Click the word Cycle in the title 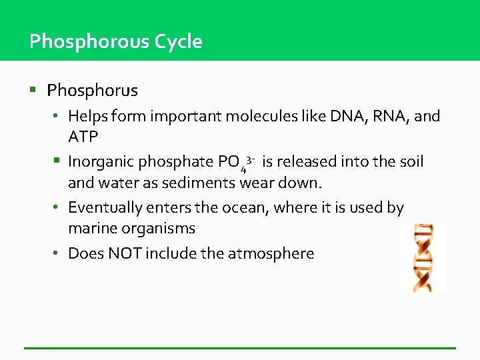point(178,42)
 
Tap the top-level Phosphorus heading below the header point(93,90)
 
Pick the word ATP point(83,137)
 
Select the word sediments point(205,183)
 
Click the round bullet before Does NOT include point(59,253)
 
